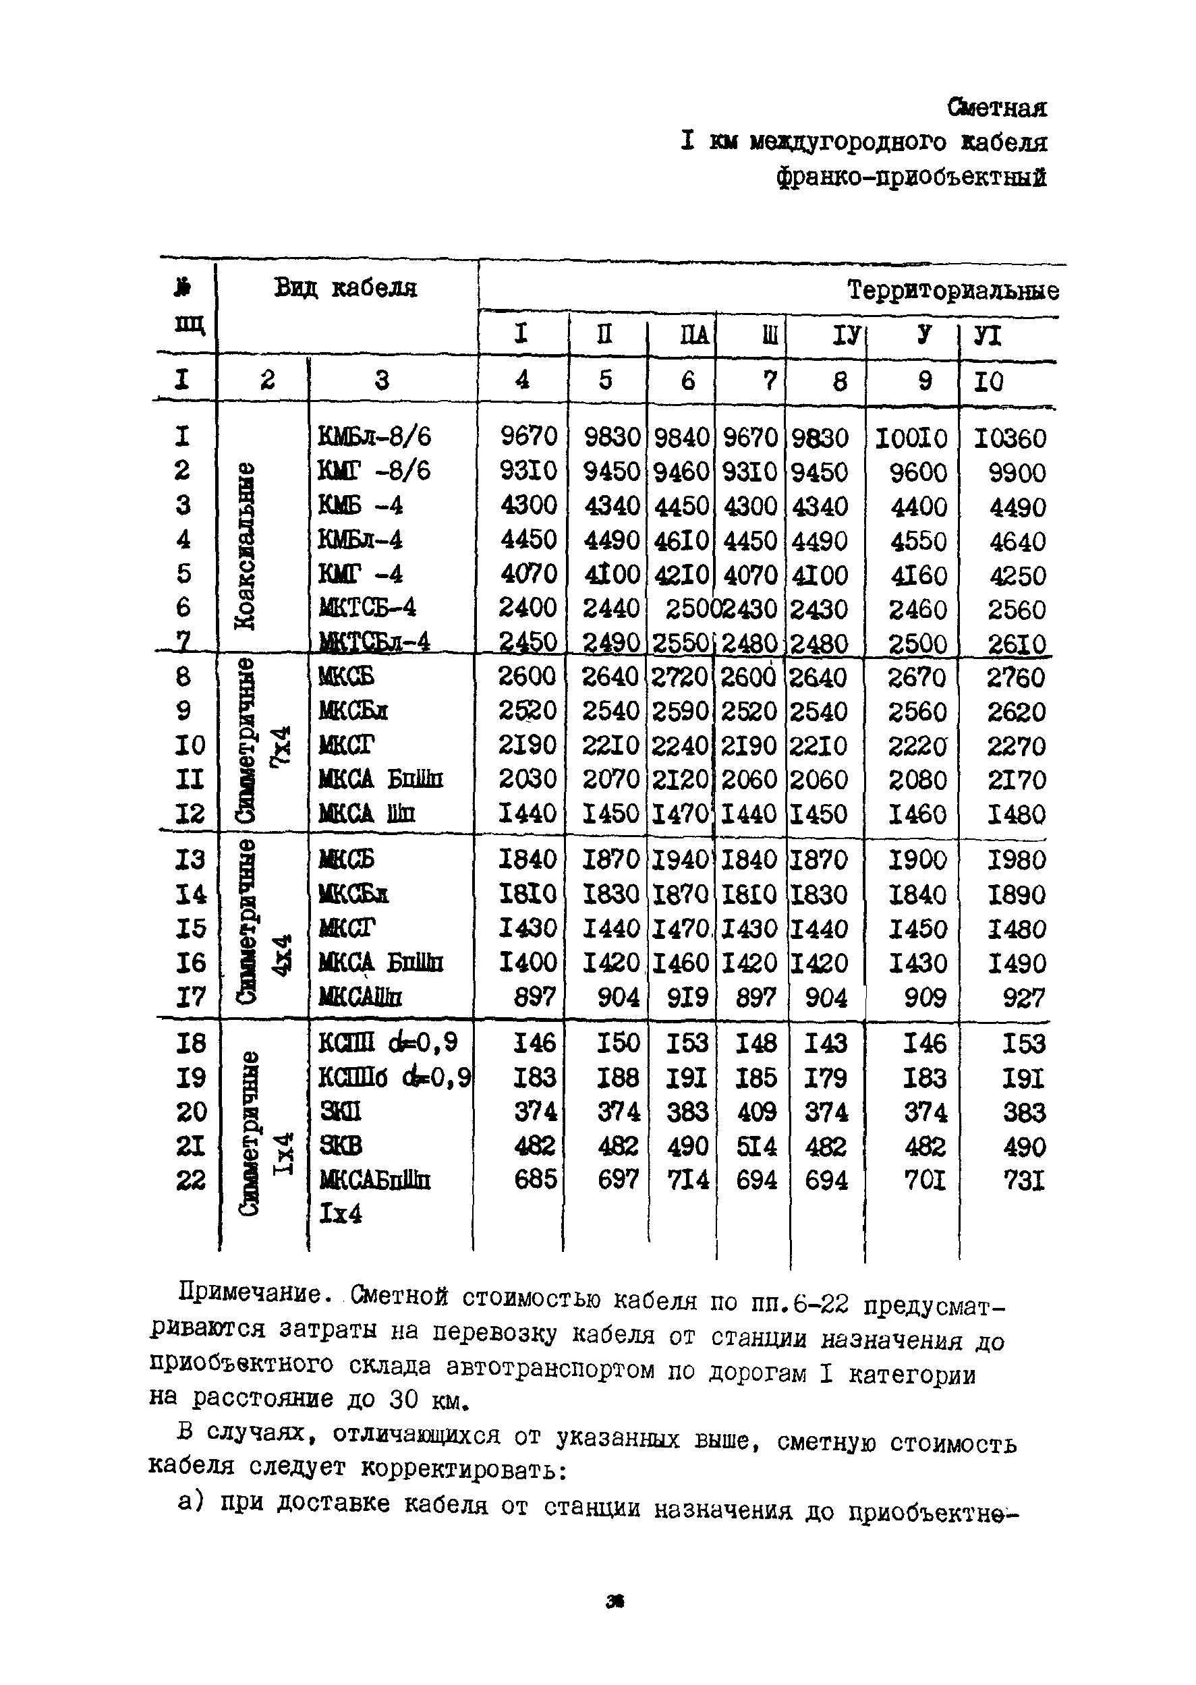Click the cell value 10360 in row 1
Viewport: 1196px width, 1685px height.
1009,439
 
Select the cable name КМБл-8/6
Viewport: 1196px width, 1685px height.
374,436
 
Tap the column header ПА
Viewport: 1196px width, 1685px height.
693,336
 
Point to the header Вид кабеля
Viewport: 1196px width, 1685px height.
345,288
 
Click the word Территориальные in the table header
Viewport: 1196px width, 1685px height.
953,291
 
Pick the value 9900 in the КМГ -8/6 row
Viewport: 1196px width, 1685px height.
1017,473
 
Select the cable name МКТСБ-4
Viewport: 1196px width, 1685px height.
368,608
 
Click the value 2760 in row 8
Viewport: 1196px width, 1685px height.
1016,677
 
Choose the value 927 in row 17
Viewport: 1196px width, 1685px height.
1024,998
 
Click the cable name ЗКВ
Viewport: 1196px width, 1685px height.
340,1146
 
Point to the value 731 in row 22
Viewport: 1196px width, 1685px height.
1024,1180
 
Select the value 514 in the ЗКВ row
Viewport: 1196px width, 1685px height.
756,1147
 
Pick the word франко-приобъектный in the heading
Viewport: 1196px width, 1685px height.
911,177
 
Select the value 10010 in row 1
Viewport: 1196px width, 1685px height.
911,439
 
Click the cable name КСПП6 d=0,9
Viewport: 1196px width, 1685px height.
395,1077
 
